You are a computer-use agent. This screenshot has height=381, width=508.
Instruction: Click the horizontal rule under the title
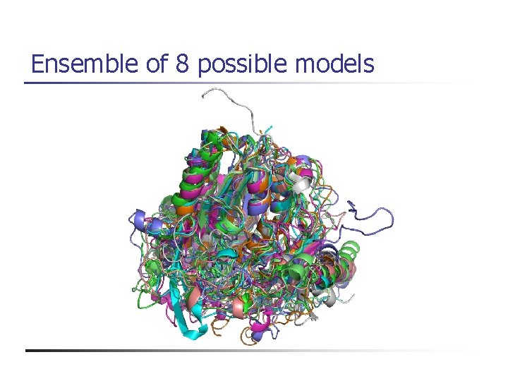247,83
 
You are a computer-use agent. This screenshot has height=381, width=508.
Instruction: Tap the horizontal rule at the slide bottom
247,351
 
